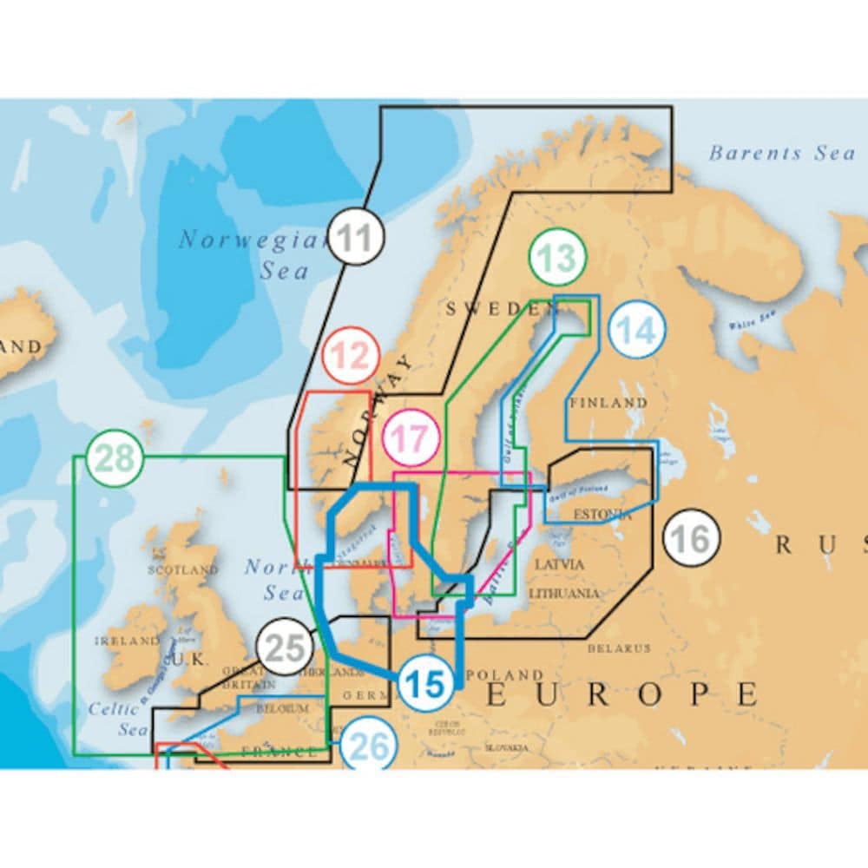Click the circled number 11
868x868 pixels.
pos(356,236)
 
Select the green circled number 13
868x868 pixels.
pos(557,258)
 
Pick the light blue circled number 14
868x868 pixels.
pos(637,330)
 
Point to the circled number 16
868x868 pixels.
pos(692,538)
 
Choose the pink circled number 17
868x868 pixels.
pos(411,437)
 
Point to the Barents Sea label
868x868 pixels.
pos(782,154)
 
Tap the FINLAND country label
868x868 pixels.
pos(608,403)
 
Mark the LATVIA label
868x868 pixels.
pos(560,564)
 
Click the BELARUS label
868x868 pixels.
pos(619,648)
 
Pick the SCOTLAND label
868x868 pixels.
pos(183,570)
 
